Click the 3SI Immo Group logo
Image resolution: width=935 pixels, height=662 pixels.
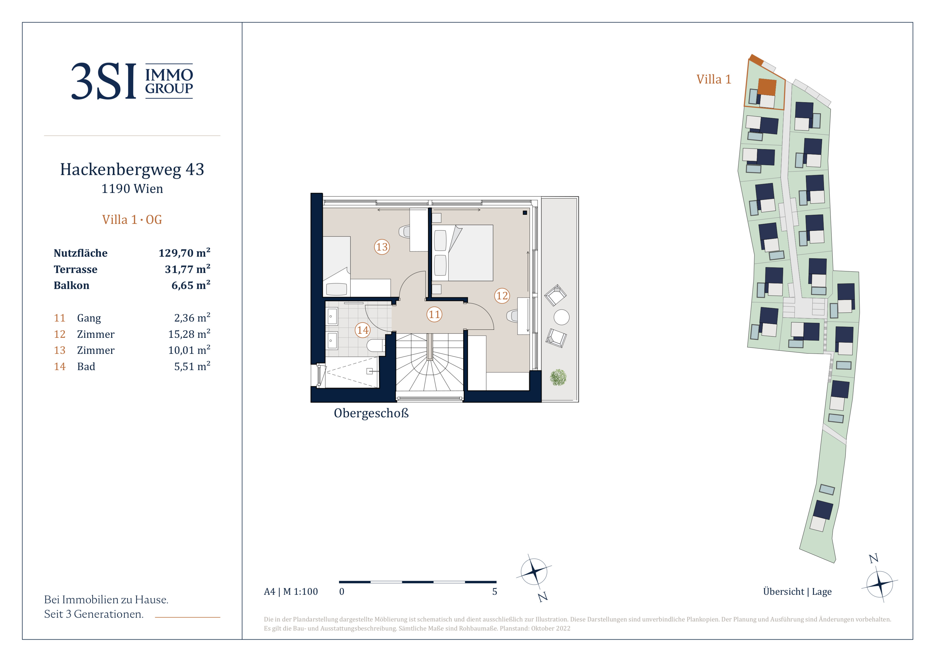pyautogui.click(x=132, y=81)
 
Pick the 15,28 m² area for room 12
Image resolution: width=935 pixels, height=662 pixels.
pyautogui.click(x=189, y=334)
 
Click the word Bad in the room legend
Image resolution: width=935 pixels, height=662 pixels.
pyautogui.click(x=86, y=366)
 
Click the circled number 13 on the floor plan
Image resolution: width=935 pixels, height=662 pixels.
pyautogui.click(x=381, y=247)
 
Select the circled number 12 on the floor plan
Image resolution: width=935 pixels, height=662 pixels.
pyautogui.click(x=502, y=296)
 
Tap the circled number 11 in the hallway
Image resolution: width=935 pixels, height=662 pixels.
pyautogui.click(x=434, y=314)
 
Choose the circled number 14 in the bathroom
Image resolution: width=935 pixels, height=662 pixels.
pyautogui.click(x=363, y=330)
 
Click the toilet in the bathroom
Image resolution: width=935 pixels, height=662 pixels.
pyautogui.click(x=375, y=346)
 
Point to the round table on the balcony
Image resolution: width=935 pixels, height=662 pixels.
pyautogui.click(x=562, y=317)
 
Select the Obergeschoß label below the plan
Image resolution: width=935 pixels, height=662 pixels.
pyautogui.click(x=371, y=413)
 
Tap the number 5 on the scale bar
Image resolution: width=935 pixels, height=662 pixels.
pyautogui.click(x=494, y=591)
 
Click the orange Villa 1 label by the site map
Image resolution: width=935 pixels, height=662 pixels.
pyautogui.click(x=714, y=79)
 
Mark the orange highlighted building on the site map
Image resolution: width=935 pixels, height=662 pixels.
pyautogui.click(x=766, y=87)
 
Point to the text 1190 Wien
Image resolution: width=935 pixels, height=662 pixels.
pyautogui.click(x=132, y=189)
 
